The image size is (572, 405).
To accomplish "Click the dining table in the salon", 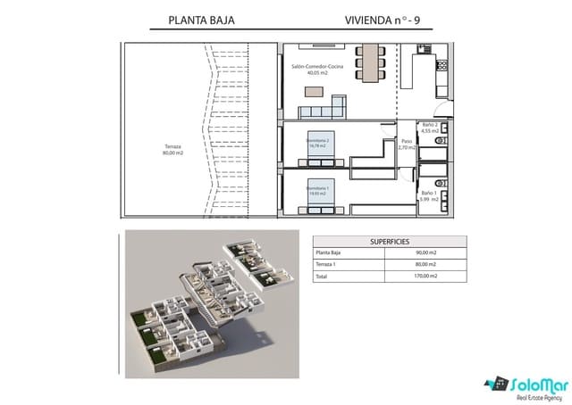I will point(368,63).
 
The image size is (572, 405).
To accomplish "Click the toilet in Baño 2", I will point(440,140).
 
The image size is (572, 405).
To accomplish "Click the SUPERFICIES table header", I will point(390,241).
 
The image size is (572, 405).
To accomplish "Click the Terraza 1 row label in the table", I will point(328,265).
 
